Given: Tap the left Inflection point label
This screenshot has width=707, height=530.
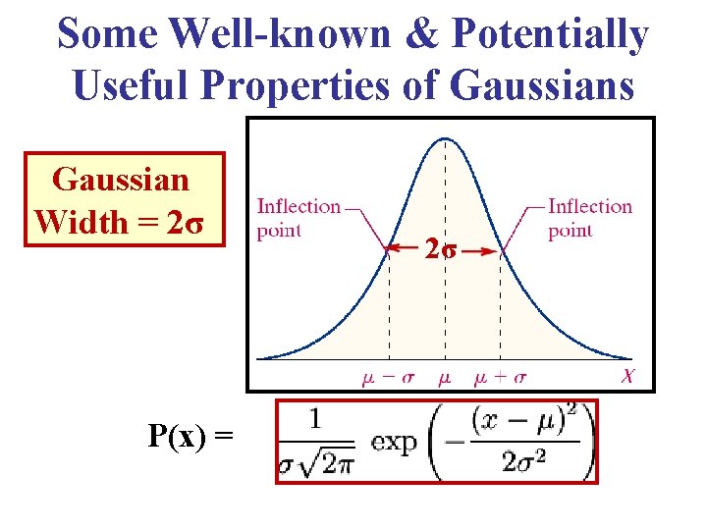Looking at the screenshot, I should (x=298, y=218).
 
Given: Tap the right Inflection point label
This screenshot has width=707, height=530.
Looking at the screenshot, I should (x=589, y=218).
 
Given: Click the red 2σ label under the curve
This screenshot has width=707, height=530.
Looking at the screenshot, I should (x=440, y=250).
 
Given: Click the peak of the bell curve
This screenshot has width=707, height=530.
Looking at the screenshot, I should (x=446, y=138).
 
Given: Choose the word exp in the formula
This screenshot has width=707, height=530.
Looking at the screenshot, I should (x=394, y=443).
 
